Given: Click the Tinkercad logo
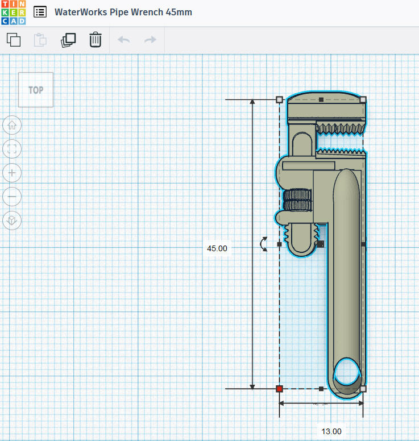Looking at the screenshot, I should (x=13, y=13).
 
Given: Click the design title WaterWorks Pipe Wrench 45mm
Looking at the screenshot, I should (x=123, y=12).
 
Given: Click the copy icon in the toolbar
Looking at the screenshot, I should (x=14, y=40).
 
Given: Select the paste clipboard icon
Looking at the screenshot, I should (x=40, y=40).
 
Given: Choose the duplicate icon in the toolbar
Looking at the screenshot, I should (x=68, y=40).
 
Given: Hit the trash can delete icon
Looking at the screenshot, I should (x=96, y=40).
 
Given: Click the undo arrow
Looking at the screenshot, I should (x=123, y=40).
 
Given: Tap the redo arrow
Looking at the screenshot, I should (x=150, y=40).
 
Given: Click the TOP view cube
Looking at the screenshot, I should (x=36, y=90).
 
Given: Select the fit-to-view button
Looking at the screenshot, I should (x=12, y=149).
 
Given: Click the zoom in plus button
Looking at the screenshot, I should (x=12, y=173).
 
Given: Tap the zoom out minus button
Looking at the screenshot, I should (x=12, y=197).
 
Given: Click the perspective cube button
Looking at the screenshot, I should (x=12, y=220).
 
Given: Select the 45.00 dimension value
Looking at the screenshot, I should (x=217, y=248).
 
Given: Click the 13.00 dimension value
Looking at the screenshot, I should (x=331, y=431).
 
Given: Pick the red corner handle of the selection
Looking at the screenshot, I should (x=279, y=389).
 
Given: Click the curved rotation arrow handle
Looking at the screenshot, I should (x=263, y=244).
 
